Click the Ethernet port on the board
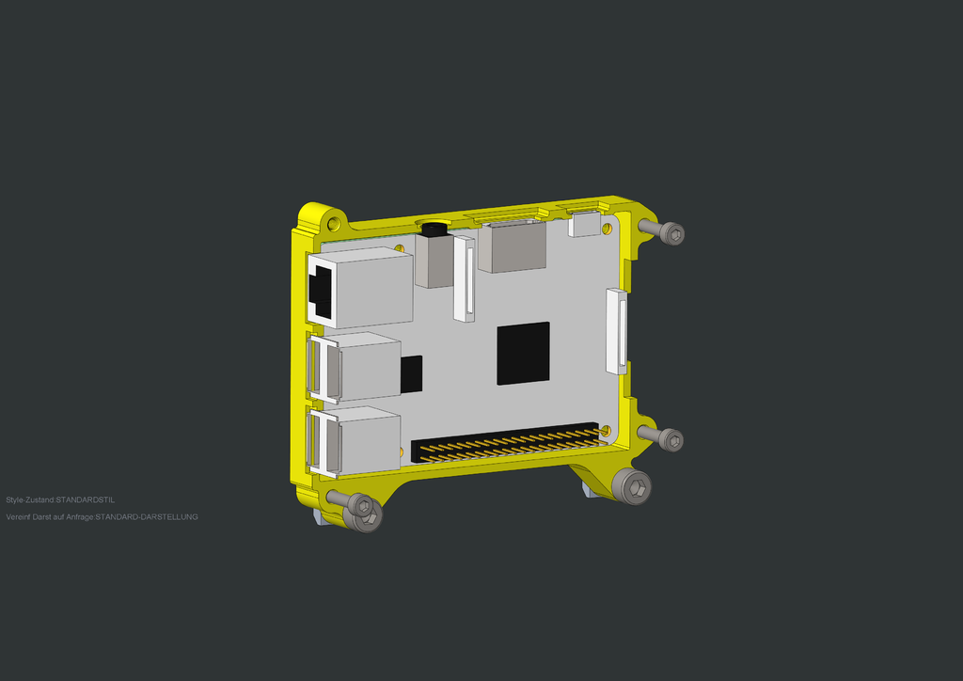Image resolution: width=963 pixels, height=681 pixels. [x=362, y=287]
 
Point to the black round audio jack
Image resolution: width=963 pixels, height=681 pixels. [x=434, y=229]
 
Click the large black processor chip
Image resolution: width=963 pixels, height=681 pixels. [x=523, y=353]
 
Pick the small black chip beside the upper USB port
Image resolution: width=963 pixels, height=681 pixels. [x=411, y=373]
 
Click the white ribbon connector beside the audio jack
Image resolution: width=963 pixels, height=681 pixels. [x=464, y=278]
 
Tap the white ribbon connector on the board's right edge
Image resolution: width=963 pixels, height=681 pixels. [x=617, y=330]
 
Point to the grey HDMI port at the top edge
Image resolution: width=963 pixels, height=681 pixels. [x=512, y=245]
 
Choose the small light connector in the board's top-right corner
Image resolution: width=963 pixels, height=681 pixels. [x=585, y=224]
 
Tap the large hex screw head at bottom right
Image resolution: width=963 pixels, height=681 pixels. [x=632, y=486]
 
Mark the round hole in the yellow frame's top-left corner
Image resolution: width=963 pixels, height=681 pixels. [x=332, y=224]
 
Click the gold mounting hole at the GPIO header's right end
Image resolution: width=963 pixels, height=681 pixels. [x=605, y=431]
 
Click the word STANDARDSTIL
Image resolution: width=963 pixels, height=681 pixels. [x=86, y=499]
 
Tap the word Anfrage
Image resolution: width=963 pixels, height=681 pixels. [x=78, y=516]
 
